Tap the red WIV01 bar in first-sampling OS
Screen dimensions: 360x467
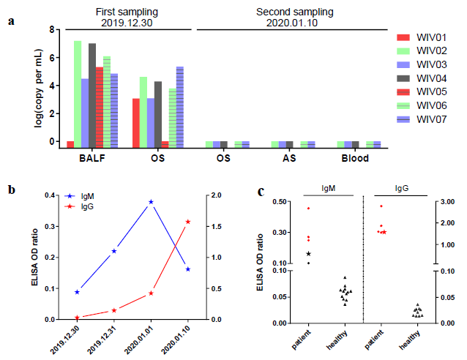point(136,120)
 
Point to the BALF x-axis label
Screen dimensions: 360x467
point(92,157)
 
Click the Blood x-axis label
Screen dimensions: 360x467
point(354,157)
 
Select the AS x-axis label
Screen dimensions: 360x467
point(289,157)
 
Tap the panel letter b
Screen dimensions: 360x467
point(12,190)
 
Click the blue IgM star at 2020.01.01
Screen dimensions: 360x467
point(151,201)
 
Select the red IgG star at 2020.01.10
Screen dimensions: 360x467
point(189,221)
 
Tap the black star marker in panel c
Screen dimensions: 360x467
point(308,253)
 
